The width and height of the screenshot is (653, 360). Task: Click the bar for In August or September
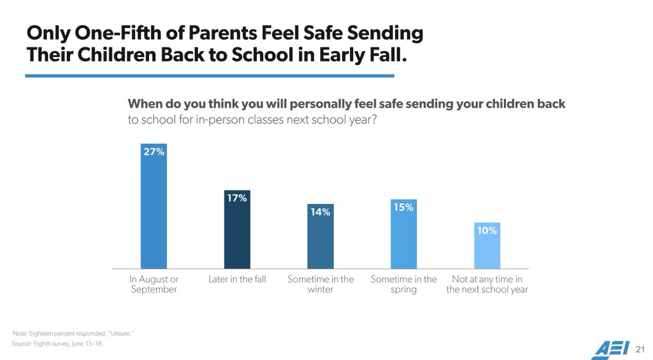pos(153,212)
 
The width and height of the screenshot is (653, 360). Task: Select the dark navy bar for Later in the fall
pos(237,234)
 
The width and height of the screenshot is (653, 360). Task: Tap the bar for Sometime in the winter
pos(321,239)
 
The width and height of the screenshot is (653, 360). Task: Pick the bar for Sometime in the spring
pos(404,237)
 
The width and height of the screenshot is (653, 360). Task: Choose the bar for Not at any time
pos(487,247)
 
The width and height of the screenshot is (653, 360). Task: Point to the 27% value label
pos(153,152)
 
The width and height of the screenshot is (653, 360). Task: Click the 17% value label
pos(237,198)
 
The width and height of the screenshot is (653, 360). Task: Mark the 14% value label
pos(321,212)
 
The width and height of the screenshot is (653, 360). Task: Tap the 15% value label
pos(404,207)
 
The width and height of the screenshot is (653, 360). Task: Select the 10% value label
pos(487,231)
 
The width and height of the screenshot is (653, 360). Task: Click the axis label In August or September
pos(153,284)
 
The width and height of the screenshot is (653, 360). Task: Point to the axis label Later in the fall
pos(237,280)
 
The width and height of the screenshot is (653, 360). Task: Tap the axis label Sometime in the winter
pos(321,284)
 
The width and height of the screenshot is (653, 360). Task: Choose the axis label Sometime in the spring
pos(404,284)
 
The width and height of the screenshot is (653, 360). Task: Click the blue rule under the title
pos(210,76)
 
